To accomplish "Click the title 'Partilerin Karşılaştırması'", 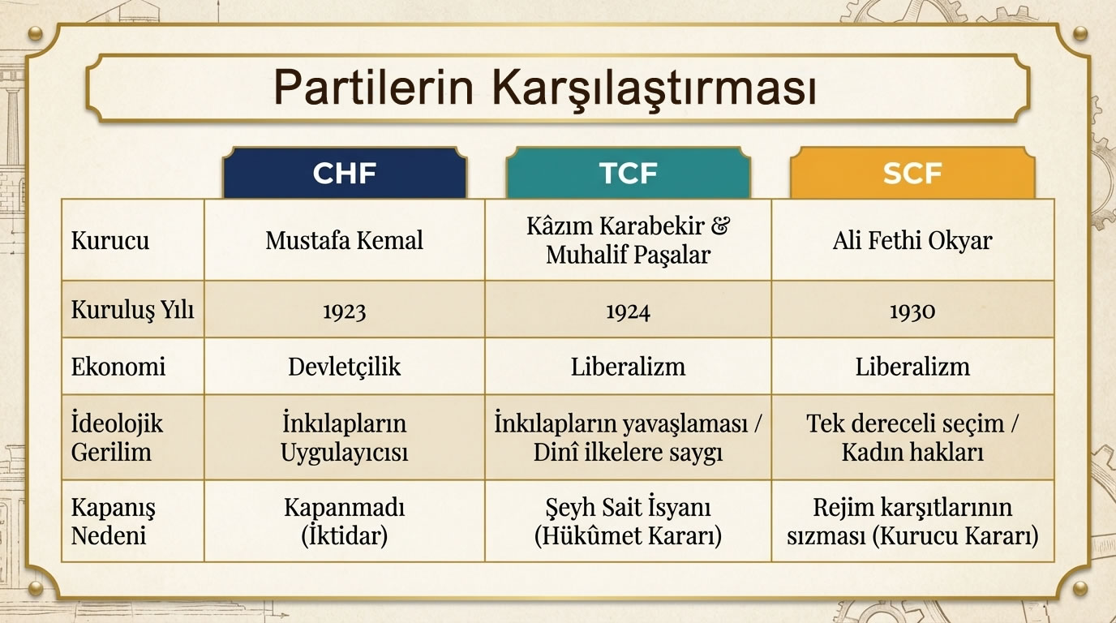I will [x=544, y=87].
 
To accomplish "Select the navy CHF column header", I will [x=345, y=173].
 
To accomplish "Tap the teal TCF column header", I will [x=628, y=173].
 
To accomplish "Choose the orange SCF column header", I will [x=912, y=173].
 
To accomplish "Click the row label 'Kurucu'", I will [x=110, y=241].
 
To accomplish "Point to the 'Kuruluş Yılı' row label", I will [x=132, y=310].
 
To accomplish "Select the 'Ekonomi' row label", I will [x=118, y=367].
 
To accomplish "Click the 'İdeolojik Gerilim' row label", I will [x=118, y=437].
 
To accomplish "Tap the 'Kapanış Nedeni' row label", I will [x=114, y=522].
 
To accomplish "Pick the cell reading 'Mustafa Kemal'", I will [x=345, y=241].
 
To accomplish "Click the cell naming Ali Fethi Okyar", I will [x=912, y=241].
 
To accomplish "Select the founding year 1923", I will [x=345, y=311].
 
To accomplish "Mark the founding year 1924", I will [x=628, y=311].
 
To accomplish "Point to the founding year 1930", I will [x=912, y=311].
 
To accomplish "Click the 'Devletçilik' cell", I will [x=345, y=367].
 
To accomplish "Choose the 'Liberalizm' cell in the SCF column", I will [x=912, y=367].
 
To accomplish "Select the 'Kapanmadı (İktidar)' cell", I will [x=345, y=522].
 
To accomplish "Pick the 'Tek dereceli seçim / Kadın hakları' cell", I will [x=912, y=437].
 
